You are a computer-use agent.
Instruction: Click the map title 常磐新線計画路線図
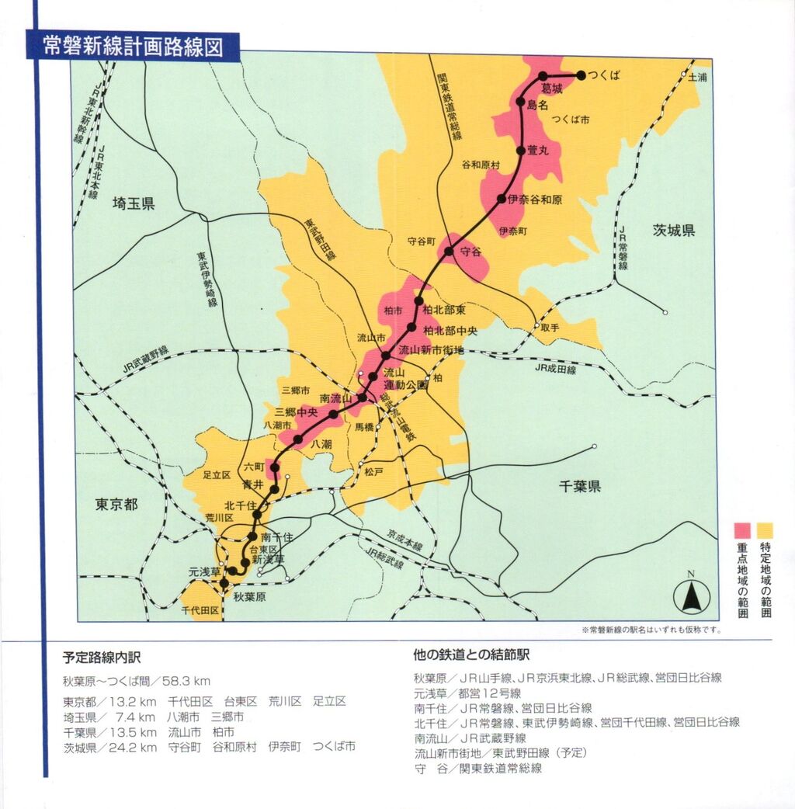[x=133, y=47]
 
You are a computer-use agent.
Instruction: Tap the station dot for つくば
[x=580, y=75]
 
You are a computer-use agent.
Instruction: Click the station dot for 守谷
[x=448, y=251]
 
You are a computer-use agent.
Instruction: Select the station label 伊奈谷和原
[x=535, y=200]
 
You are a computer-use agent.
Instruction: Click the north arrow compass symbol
[x=689, y=597]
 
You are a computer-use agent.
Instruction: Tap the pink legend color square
[x=743, y=530]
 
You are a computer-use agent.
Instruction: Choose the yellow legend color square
[x=765, y=530]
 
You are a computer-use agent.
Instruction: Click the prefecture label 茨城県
[x=673, y=231]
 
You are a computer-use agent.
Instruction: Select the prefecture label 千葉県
[x=581, y=487]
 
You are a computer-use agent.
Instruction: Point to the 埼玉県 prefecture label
[x=134, y=204]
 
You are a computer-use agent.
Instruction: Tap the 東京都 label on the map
[x=116, y=504]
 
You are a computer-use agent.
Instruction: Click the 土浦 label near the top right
[x=698, y=78]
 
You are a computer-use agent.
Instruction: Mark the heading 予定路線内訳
[x=102, y=657]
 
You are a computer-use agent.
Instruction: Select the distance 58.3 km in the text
[x=186, y=681]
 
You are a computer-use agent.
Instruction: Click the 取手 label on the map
[x=550, y=327]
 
